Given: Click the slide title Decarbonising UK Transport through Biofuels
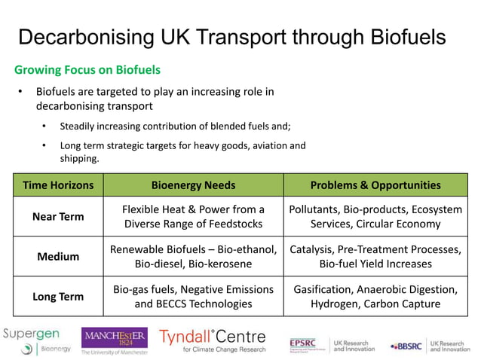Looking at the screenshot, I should (x=231, y=37).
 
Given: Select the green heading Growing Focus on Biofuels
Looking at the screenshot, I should (x=87, y=70).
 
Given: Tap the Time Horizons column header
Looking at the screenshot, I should (x=58, y=185).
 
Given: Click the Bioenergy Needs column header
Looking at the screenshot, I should (x=193, y=185).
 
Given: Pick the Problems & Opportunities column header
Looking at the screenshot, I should (x=375, y=185).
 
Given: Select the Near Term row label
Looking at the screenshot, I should (x=58, y=217).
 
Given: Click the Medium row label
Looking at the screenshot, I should (x=58, y=257).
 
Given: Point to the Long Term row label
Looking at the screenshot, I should (x=58, y=297).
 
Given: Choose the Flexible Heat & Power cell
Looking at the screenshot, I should (x=193, y=217).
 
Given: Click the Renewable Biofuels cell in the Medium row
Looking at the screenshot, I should (x=193, y=257).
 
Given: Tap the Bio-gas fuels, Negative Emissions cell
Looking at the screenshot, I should (x=193, y=297).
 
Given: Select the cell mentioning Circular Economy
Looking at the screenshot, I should (x=375, y=217).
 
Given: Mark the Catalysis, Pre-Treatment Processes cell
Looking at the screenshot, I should (x=375, y=257).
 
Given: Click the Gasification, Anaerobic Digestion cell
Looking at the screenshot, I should (x=375, y=297).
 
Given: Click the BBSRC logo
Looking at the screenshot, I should (x=406, y=346).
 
